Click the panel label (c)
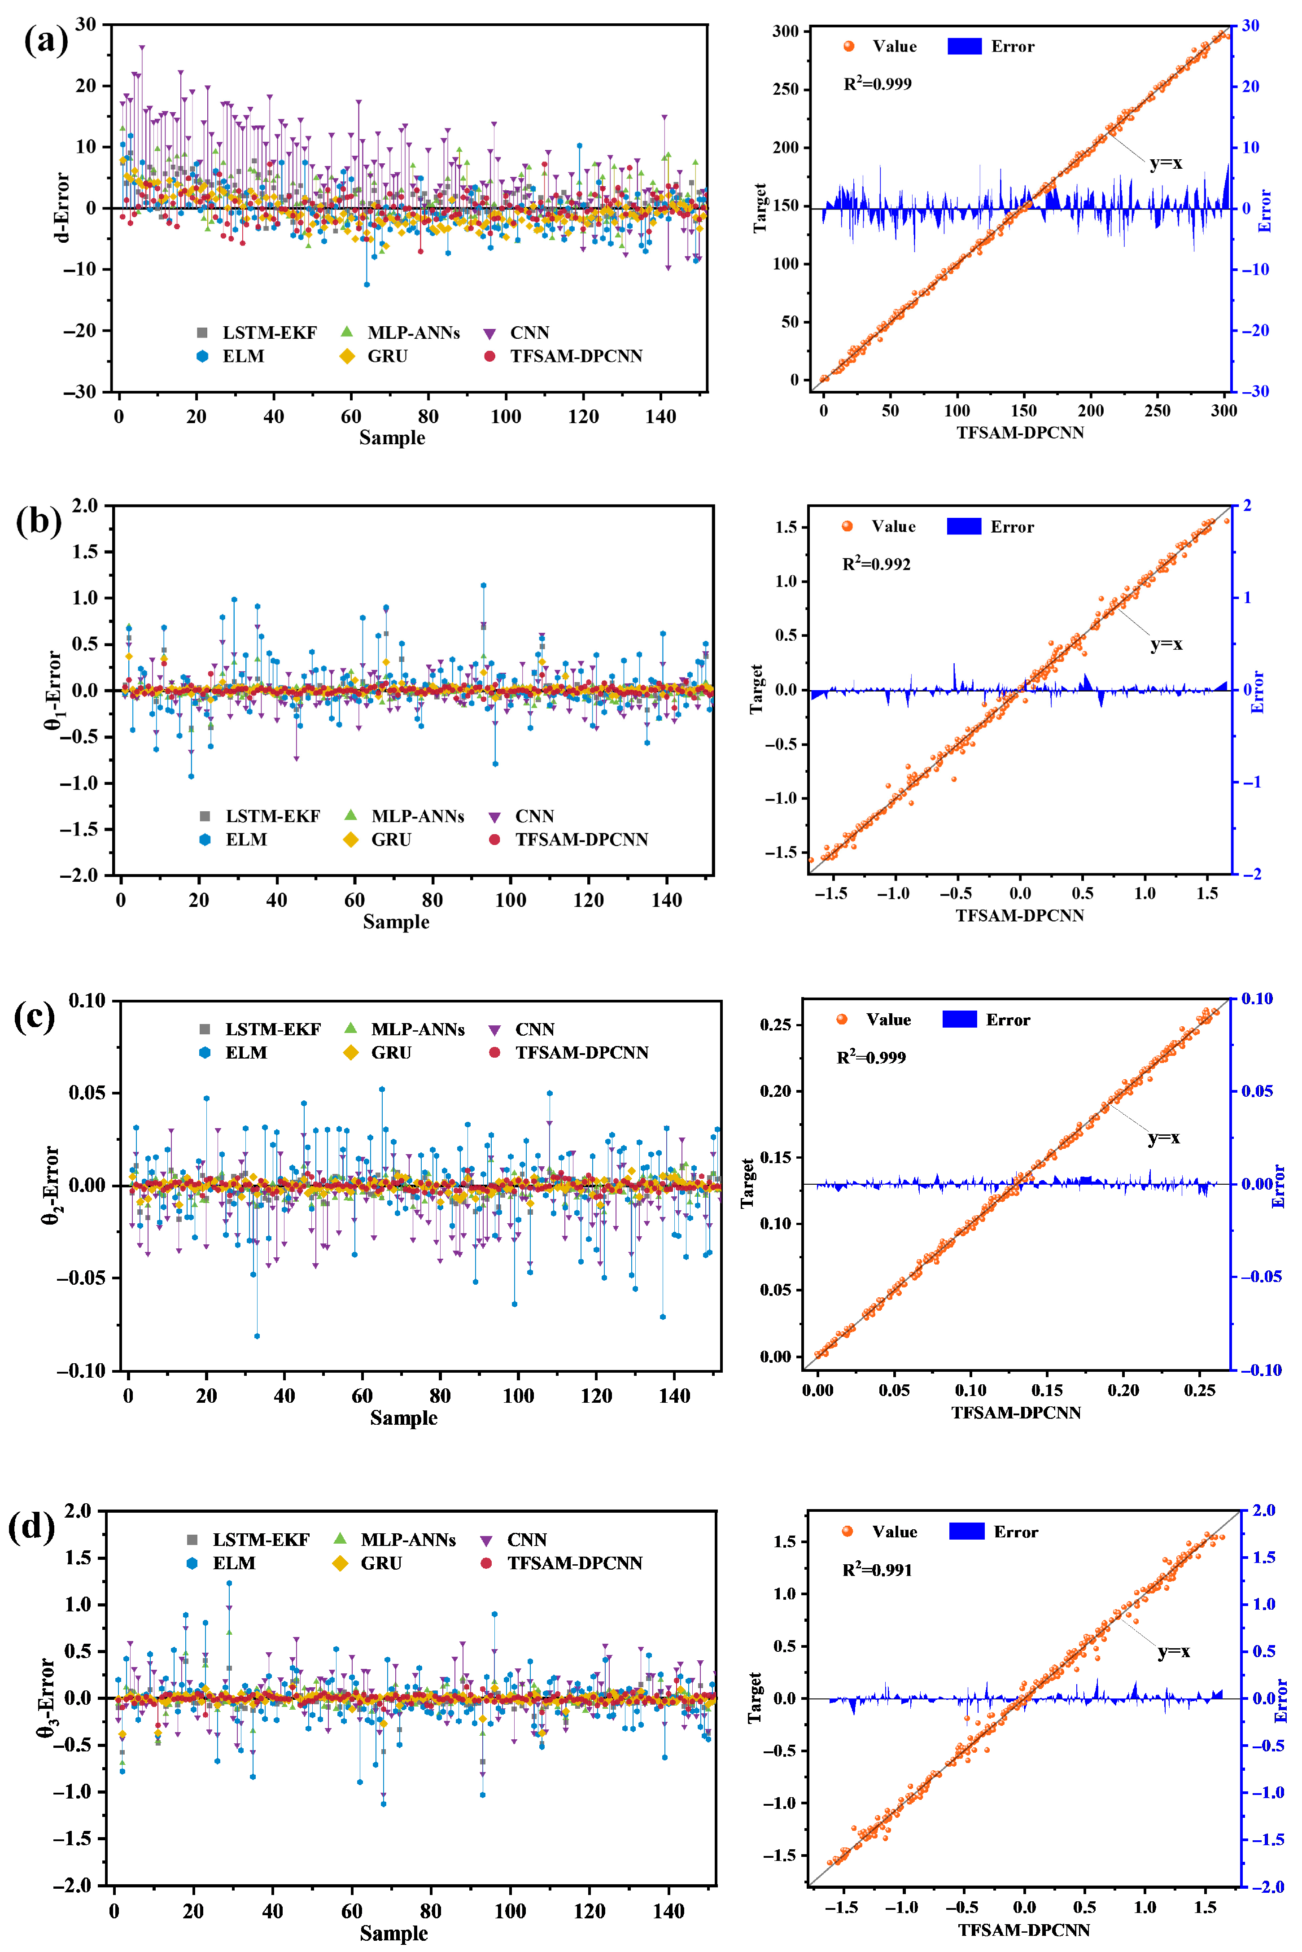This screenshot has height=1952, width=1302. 35,1017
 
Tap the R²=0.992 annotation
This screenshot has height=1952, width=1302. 876,564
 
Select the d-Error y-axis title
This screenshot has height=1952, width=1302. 62,208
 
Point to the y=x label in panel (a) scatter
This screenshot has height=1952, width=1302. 1166,163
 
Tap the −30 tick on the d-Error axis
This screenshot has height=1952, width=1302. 80,391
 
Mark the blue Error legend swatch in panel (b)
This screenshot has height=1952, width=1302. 964,526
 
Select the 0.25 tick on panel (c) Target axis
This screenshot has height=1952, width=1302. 776,1024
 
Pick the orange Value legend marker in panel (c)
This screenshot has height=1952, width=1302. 842,1019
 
